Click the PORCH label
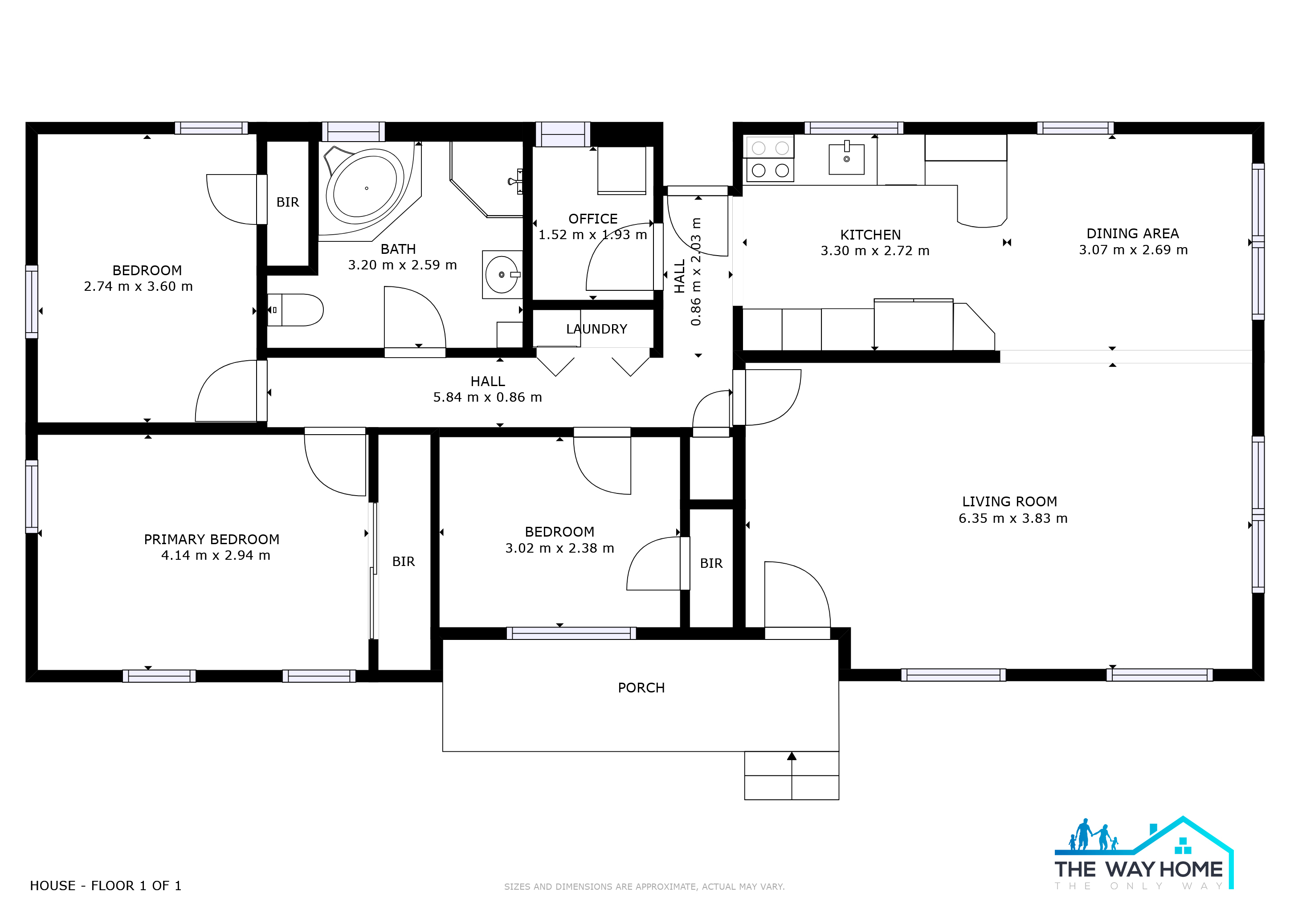[641, 688]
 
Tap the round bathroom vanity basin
[502, 275]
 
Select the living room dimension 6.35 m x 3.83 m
[1013, 518]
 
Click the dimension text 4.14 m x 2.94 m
[216, 555]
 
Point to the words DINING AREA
[1133, 234]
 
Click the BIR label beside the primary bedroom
[404, 562]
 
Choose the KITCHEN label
[870, 235]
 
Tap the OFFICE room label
[593, 219]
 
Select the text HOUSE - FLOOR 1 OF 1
[106, 886]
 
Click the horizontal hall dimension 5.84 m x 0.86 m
[488, 398]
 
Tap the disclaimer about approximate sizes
[645, 887]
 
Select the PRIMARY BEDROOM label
[212, 540]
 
